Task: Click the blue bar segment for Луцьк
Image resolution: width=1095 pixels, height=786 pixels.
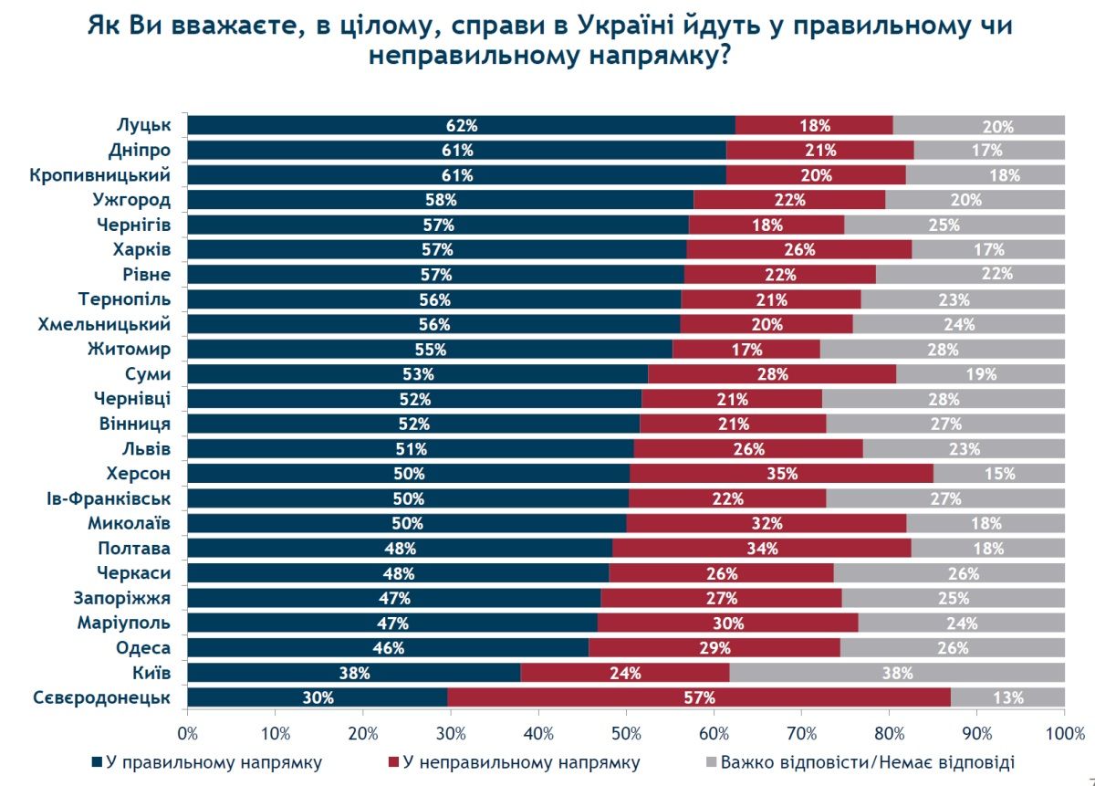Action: tap(461, 126)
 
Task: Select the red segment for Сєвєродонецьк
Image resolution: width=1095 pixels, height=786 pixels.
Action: tap(699, 698)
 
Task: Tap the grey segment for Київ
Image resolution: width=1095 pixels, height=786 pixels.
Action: tap(897, 674)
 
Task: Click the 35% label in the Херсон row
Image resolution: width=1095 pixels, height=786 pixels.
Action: tap(782, 474)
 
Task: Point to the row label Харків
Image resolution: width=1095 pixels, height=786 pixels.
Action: tap(146, 249)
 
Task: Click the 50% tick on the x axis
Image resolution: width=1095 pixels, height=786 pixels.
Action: tap(627, 733)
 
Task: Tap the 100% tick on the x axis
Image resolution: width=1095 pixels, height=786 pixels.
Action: tap(1064, 733)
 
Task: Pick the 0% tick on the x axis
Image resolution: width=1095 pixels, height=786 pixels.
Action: tap(188, 733)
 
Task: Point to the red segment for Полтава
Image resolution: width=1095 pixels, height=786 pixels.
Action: tap(761, 549)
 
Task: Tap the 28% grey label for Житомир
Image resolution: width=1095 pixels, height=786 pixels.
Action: tap(943, 350)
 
